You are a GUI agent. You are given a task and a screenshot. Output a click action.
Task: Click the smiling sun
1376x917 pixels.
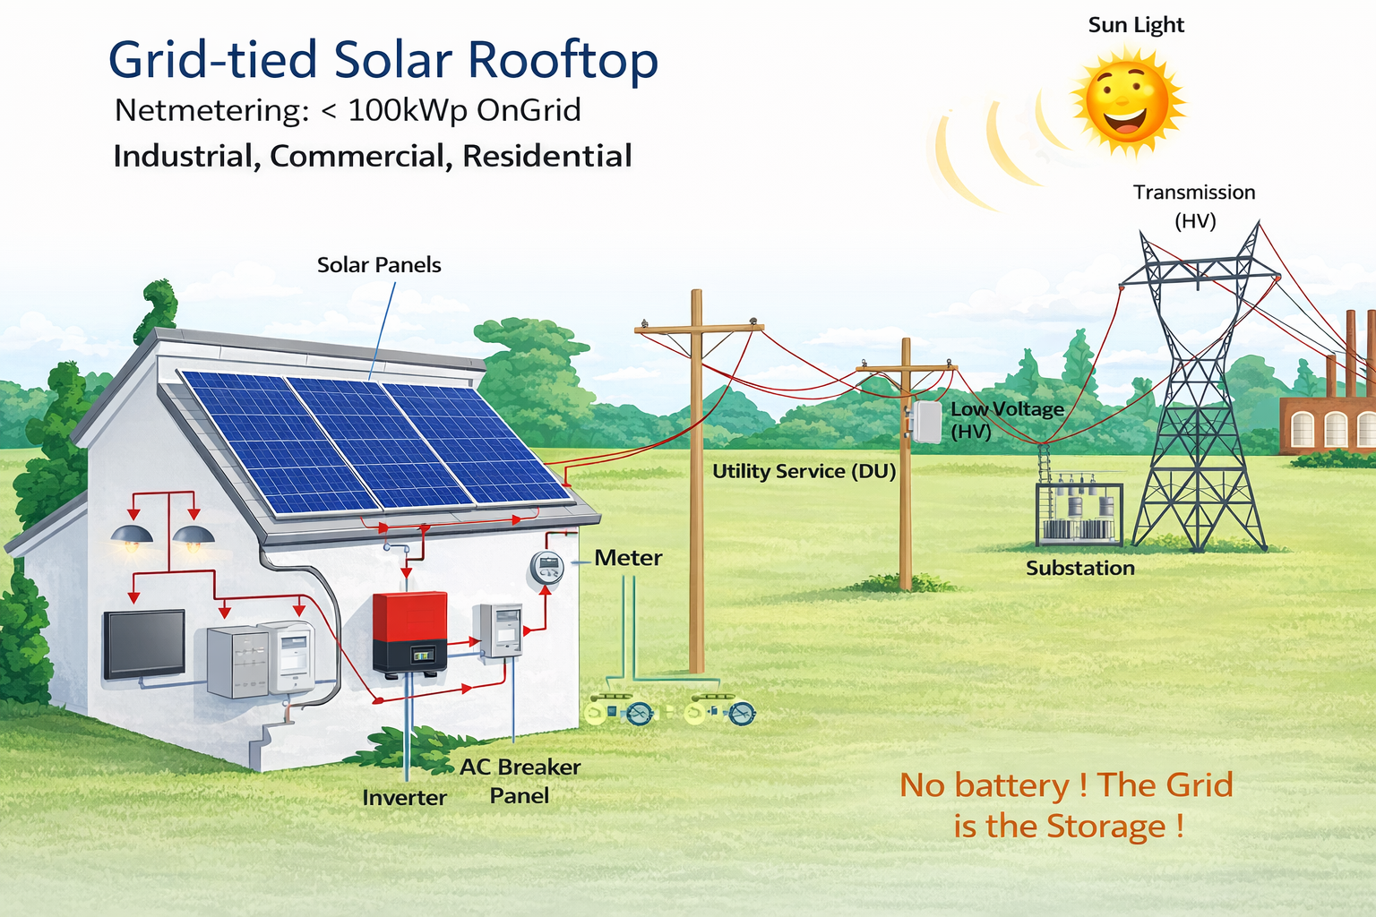pyautogui.click(x=1127, y=100)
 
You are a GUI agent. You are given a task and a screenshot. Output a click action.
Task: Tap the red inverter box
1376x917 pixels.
pyautogui.click(x=409, y=632)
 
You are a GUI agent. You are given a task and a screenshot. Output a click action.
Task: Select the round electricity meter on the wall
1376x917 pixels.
pyautogui.click(x=546, y=567)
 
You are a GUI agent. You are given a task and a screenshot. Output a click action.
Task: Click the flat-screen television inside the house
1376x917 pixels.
pyautogui.click(x=144, y=643)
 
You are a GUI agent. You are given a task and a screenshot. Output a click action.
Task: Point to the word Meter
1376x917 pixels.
pyautogui.click(x=628, y=558)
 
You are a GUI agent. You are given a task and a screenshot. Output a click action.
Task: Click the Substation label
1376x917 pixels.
pyautogui.click(x=1079, y=568)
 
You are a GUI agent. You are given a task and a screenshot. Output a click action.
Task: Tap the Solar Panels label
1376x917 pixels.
pyautogui.click(x=379, y=265)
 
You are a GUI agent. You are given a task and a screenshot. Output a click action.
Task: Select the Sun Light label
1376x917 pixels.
pyautogui.click(x=1135, y=25)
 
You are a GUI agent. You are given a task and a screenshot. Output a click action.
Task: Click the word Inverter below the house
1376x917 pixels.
pyautogui.click(x=404, y=797)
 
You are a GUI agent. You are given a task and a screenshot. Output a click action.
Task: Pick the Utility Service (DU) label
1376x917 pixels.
pyautogui.click(x=804, y=471)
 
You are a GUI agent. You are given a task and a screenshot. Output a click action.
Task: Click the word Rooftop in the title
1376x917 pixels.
pyautogui.click(x=563, y=61)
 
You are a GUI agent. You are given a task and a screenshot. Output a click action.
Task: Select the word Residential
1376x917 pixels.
pyautogui.click(x=547, y=156)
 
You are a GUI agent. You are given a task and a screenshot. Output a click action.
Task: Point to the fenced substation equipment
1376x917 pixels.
pyautogui.click(x=1079, y=515)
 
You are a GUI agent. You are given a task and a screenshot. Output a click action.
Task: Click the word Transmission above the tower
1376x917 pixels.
pyautogui.click(x=1193, y=193)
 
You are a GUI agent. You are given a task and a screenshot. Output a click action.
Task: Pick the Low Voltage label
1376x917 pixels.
pyautogui.click(x=1007, y=409)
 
